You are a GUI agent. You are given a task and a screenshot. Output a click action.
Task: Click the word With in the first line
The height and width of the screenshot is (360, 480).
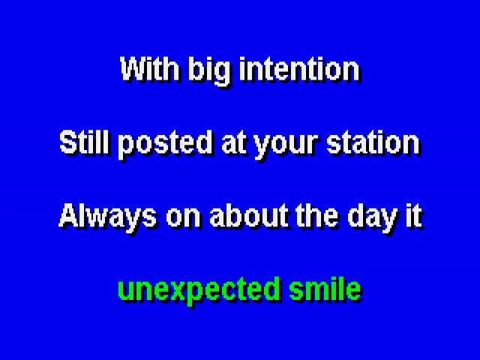pos(149,69)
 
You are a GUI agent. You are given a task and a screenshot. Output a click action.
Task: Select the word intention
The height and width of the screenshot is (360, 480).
pos(300,69)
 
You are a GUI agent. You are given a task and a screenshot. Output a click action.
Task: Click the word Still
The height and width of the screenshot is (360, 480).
pos(84,142)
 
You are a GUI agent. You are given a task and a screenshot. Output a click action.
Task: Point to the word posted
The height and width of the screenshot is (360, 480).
pos(165,145)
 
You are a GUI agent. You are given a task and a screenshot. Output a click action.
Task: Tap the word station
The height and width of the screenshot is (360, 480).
pos(373,142)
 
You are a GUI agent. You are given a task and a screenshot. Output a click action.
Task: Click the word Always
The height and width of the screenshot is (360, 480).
pos(107,218)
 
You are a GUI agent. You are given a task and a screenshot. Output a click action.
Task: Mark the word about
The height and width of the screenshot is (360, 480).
pos(249,216)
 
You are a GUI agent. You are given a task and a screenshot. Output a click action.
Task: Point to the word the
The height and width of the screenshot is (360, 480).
pos(317,216)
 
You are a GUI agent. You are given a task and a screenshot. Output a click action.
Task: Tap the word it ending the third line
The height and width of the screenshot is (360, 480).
pos(414,216)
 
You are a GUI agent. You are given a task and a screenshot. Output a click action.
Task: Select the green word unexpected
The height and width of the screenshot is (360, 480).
pos(199,292)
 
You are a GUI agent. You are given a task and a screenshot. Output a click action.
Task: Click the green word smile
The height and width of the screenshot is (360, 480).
pos(325,289)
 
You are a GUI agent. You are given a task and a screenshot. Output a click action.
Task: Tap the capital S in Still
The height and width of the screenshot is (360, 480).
pos(70,142)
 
